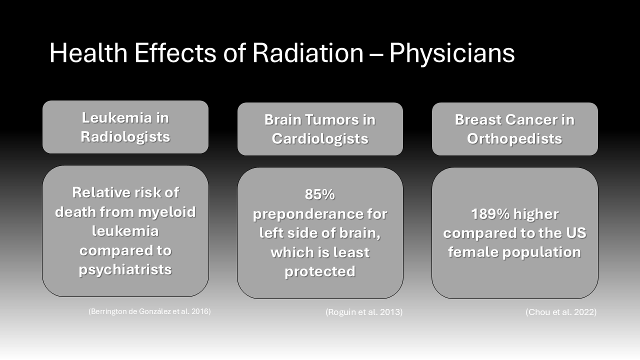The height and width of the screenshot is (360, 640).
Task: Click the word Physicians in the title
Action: pyautogui.click(x=452, y=53)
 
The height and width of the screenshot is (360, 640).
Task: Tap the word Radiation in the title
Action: pyautogui.click(x=307, y=52)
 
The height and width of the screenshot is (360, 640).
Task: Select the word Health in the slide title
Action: pyautogui.click(x=88, y=52)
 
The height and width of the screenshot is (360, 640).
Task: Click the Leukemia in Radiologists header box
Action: pyautogui.click(x=125, y=127)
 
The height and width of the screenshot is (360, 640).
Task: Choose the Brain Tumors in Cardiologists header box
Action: pyautogui.click(x=320, y=129)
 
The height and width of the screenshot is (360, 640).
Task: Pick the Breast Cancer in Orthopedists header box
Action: pyautogui.click(x=515, y=129)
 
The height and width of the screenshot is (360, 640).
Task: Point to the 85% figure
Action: pyautogui.click(x=319, y=194)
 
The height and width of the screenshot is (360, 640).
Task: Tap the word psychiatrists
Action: pyautogui.click(x=125, y=270)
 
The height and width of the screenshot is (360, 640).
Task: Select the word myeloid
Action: pyautogui.click(x=167, y=212)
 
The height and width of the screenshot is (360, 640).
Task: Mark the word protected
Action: pyautogui.click(x=320, y=271)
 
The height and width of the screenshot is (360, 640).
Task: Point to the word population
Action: pyautogui.click(x=541, y=252)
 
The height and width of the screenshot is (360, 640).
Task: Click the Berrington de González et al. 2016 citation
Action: pyautogui.click(x=149, y=311)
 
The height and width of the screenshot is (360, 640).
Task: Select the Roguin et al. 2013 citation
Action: pyautogui.click(x=364, y=312)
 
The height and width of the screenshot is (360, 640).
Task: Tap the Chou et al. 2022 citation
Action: pyautogui.click(x=561, y=312)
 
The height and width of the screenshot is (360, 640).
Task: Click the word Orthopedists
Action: pyautogui.click(x=514, y=139)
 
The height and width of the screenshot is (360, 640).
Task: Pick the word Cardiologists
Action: pyautogui.click(x=320, y=139)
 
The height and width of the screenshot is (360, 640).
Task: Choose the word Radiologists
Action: pyautogui.click(x=125, y=137)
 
